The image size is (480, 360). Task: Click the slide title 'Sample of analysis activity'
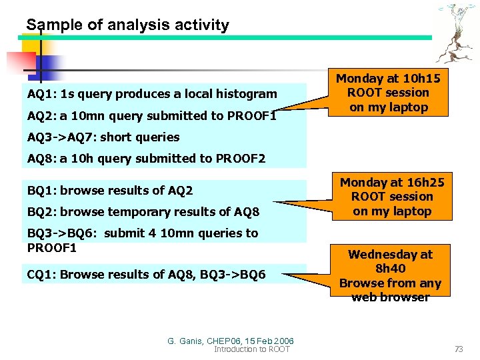point(127,25)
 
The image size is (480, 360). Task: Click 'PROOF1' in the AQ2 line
point(252,115)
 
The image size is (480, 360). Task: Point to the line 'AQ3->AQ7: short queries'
point(103,137)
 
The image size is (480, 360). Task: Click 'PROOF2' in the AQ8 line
point(242,159)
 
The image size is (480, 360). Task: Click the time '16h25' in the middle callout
point(426,182)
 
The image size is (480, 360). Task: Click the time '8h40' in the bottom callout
point(391,269)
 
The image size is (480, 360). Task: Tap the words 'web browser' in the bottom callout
point(391,297)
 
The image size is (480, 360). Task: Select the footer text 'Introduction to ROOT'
point(252,349)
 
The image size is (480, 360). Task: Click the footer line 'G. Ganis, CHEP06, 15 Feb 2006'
point(231,341)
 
